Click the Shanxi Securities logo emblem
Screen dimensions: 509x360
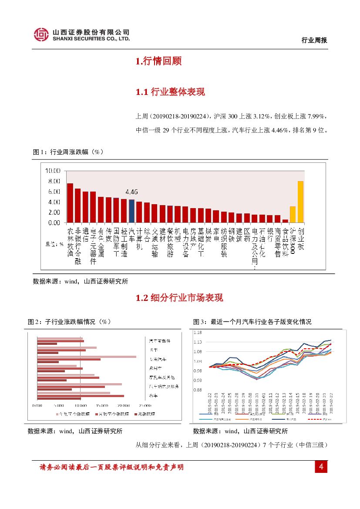click(x=42, y=35)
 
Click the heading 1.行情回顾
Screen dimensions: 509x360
click(x=158, y=61)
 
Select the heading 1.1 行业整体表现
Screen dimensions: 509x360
click(x=170, y=92)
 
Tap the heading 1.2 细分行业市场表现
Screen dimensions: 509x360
click(x=179, y=298)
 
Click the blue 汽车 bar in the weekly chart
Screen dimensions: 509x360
click(x=131, y=211)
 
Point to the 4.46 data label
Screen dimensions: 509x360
click(x=131, y=192)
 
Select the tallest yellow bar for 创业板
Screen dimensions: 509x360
click(x=300, y=202)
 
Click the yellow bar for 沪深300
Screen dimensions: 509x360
click(x=293, y=214)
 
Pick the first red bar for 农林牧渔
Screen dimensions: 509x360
click(x=70, y=203)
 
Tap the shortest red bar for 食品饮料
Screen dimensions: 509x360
click(x=285, y=221)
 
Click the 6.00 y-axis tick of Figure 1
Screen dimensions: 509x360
click(x=54, y=192)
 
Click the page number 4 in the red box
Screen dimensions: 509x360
click(x=321, y=467)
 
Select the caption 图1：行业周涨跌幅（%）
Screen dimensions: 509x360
click(x=68, y=152)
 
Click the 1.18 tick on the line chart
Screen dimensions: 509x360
click(x=198, y=332)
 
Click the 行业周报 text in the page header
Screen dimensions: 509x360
click(x=314, y=40)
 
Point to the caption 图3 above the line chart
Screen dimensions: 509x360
click(x=252, y=322)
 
